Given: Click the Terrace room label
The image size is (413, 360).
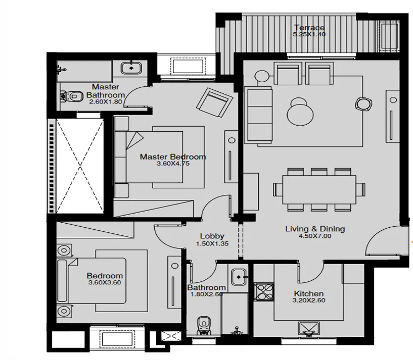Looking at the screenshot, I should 308,28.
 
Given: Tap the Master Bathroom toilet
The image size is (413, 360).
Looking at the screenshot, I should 71,95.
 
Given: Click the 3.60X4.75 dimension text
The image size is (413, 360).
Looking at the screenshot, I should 172,164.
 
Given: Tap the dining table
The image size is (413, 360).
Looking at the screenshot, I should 319,189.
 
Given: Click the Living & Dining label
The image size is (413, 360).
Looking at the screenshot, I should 315,229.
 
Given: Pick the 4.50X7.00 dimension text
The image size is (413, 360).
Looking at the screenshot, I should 315,236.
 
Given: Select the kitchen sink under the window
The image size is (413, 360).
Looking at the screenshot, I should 309,329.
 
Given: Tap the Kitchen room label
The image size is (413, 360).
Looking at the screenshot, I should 309,294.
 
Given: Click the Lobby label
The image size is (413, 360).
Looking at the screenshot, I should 212,236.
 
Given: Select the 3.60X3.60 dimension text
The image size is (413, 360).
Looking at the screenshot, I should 105,283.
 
